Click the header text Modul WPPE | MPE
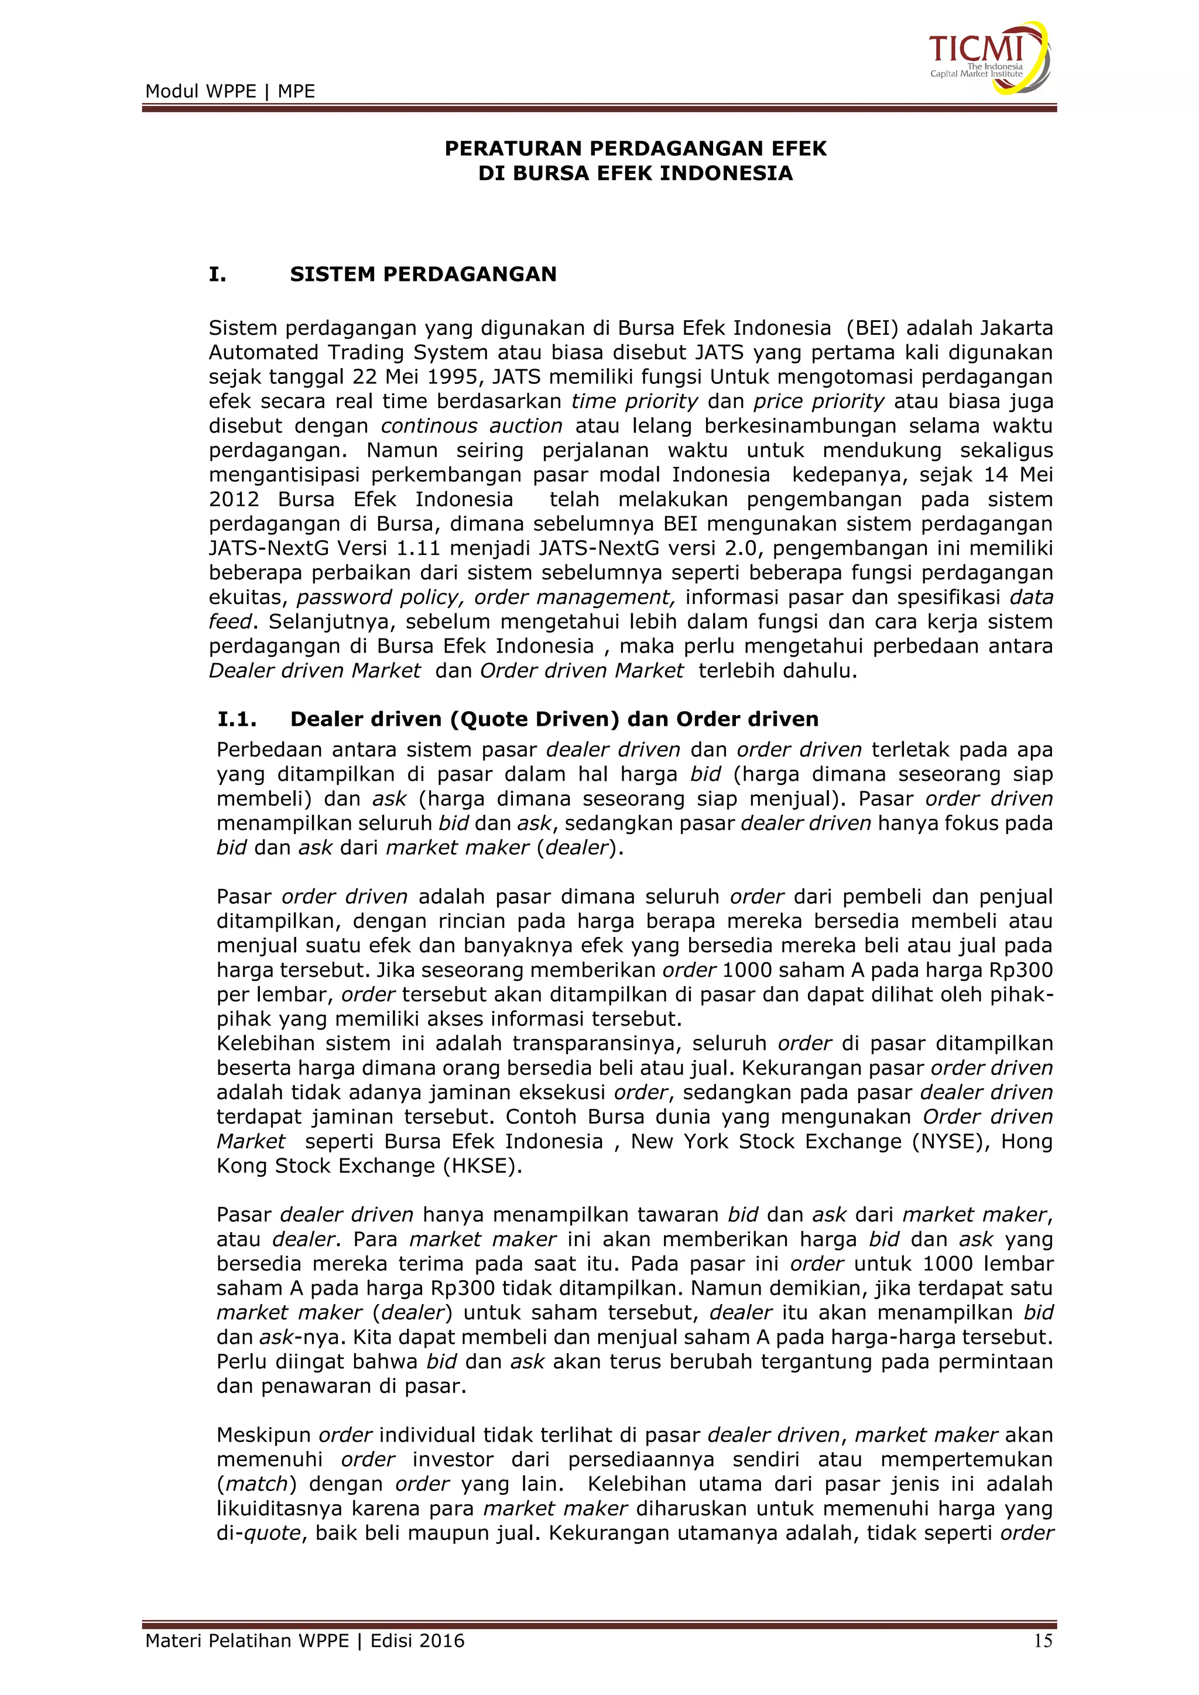pyautogui.click(x=229, y=91)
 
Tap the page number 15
pyautogui.click(x=1043, y=1641)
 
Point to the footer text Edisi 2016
pyautogui.click(x=417, y=1641)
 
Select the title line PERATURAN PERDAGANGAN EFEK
pyautogui.click(x=635, y=149)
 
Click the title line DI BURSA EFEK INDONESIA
pyautogui.click(x=635, y=173)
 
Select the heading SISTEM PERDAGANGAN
pyautogui.click(x=423, y=274)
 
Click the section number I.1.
pyautogui.click(x=237, y=719)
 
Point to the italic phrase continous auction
pyautogui.click(x=472, y=426)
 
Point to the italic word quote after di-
pyautogui.click(x=272, y=1533)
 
